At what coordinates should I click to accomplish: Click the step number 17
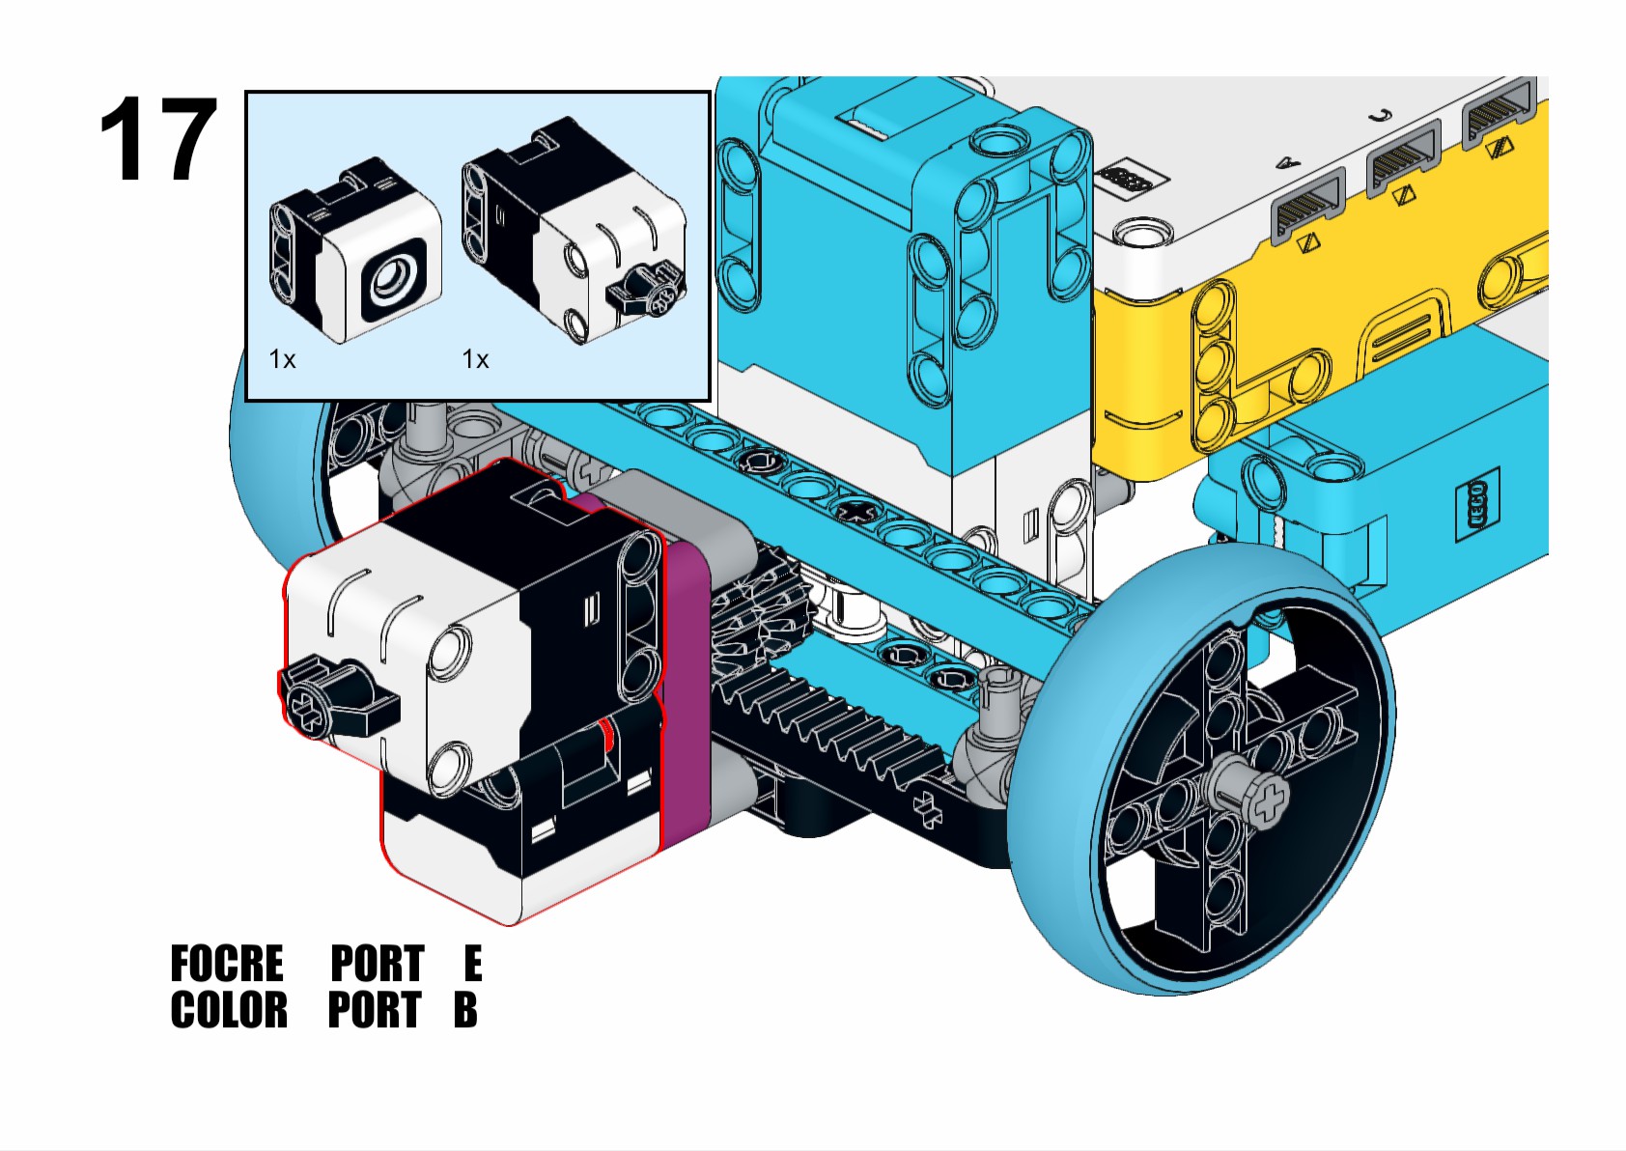[x=157, y=140]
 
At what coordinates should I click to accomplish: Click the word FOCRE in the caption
[x=227, y=964]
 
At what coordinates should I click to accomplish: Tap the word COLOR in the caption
[x=229, y=1011]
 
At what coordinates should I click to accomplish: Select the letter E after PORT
[x=472, y=964]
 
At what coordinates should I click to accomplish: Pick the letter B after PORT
[x=465, y=1011]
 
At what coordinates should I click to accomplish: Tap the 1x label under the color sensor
[x=282, y=360]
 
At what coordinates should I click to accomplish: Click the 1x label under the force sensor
[x=475, y=360]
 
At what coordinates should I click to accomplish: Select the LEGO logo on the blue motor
[x=1476, y=502]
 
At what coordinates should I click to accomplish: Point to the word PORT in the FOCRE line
[x=378, y=964]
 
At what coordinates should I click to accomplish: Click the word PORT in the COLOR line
[x=375, y=1011]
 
